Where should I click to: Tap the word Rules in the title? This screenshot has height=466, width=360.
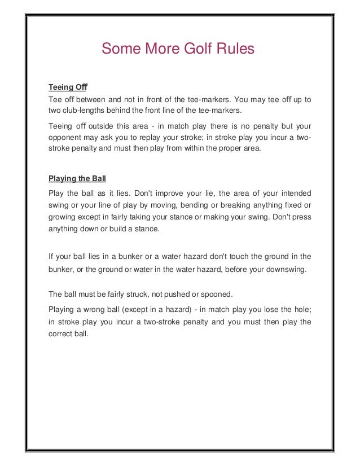pyautogui.click(x=234, y=50)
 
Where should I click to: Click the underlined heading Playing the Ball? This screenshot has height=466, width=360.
pyautogui.click(x=77, y=179)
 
